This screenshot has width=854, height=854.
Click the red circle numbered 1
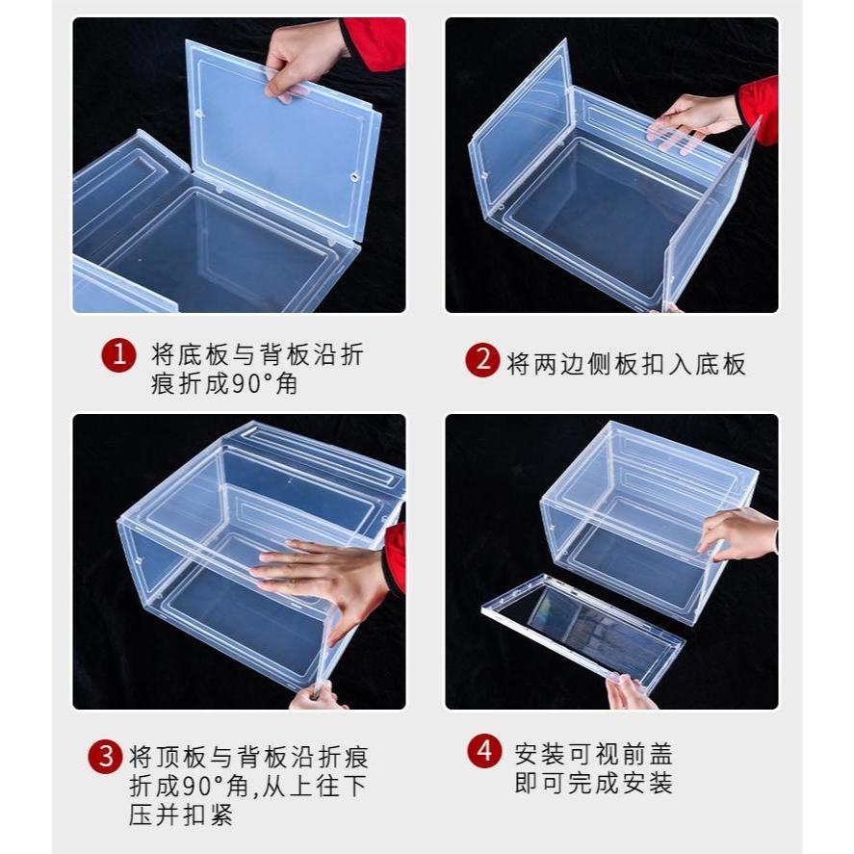118,355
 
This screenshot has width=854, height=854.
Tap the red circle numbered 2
482,360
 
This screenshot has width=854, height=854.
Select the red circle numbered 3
105,757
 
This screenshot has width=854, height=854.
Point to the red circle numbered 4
484,751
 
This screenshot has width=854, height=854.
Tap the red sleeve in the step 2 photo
759,109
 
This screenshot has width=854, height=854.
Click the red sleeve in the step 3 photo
395,557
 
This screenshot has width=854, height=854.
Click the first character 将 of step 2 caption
518,364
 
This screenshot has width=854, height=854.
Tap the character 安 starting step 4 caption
527,754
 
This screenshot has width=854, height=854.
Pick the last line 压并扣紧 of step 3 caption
181,815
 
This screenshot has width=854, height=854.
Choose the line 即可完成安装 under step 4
594,783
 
